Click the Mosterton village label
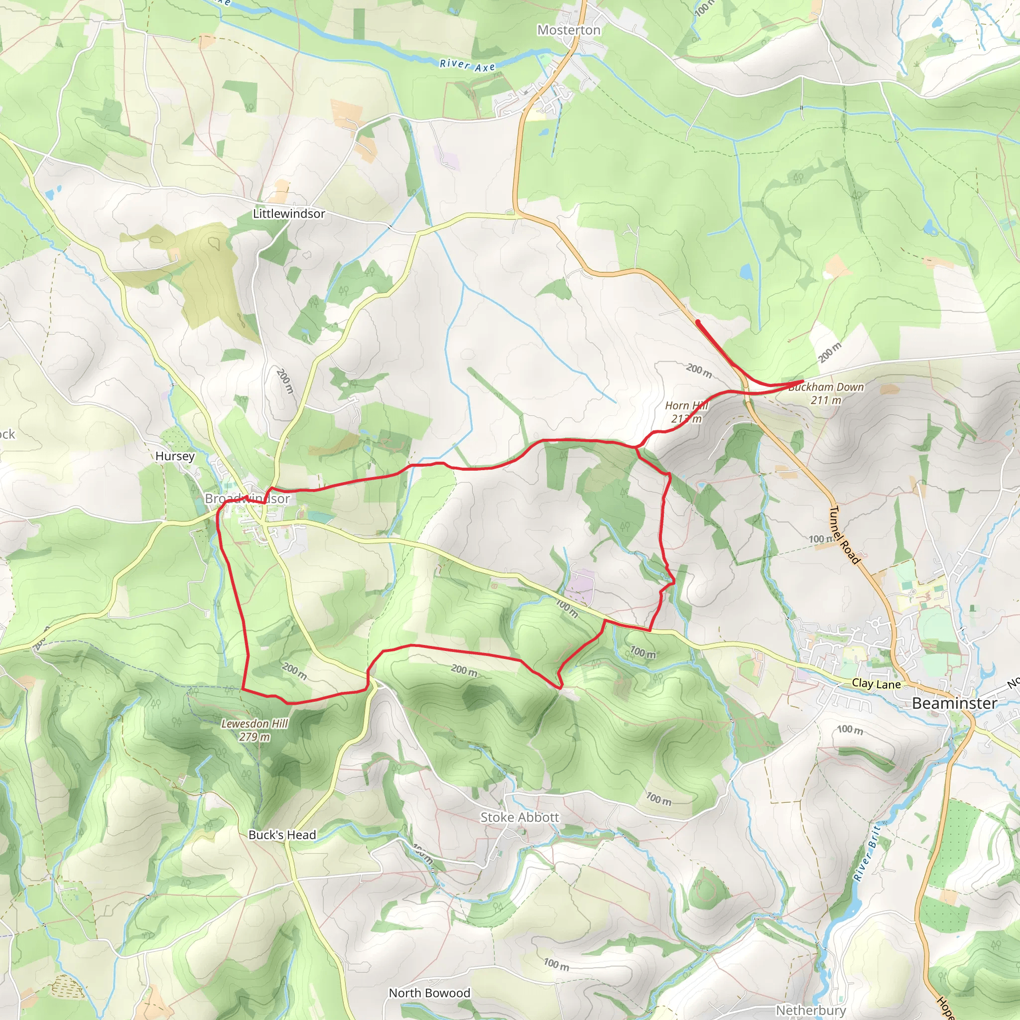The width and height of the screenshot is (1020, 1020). [x=569, y=30]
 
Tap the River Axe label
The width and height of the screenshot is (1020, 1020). [x=467, y=65]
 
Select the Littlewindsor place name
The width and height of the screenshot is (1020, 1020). [x=289, y=214]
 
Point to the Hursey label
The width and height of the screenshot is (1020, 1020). [x=175, y=456]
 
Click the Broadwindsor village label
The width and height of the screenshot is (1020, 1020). [x=247, y=499]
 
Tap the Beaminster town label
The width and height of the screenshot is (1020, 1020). [x=954, y=703]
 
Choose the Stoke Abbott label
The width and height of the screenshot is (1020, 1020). [x=519, y=817]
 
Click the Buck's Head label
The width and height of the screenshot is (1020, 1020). [x=282, y=835]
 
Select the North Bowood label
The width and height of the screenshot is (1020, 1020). [x=429, y=993]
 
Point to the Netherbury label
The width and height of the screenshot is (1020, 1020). [x=810, y=1010]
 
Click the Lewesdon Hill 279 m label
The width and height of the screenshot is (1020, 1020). [x=255, y=730]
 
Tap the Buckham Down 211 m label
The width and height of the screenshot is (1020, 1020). [x=826, y=393]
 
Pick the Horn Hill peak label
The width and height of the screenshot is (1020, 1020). [x=686, y=412]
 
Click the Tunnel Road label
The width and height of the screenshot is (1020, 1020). [x=845, y=534]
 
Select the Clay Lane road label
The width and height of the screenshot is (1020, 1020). [x=876, y=684]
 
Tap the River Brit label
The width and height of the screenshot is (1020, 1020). [x=867, y=854]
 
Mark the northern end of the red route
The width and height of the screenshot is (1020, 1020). [x=698, y=322]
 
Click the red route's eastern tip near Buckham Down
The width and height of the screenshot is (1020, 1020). [x=802, y=381]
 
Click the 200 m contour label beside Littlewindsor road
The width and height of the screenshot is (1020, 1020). [x=284, y=381]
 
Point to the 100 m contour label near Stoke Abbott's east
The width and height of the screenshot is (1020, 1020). [x=659, y=799]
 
